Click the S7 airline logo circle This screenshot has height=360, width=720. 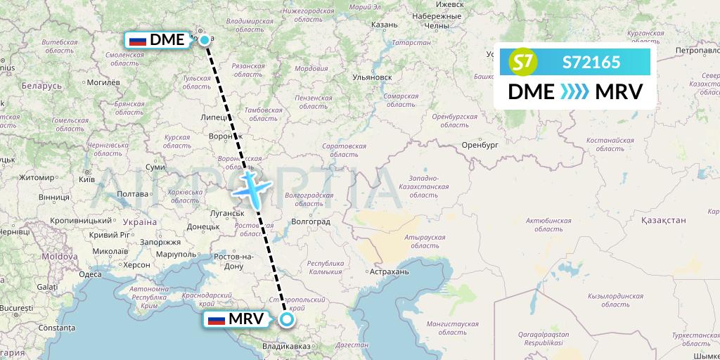click(x=522, y=63)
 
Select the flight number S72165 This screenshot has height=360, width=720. click(x=591, y=63)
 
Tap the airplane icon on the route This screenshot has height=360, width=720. click(x=251, y=189)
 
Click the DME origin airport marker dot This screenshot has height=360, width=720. click(x=204, y=40)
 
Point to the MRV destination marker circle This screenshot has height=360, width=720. click(x=287, y=320)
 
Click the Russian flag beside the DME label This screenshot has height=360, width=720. click(x=138, y=40)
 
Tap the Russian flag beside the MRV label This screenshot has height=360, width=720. click(x=217, y=320)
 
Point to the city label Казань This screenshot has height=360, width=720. click(x=384, y=25)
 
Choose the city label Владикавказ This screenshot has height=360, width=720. click(x=287, y=347)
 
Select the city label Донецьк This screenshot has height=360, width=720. click(x=204, y=226)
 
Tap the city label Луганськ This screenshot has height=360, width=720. click(x=226, y=213)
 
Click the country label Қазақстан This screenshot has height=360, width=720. click(x=662, y=220)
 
